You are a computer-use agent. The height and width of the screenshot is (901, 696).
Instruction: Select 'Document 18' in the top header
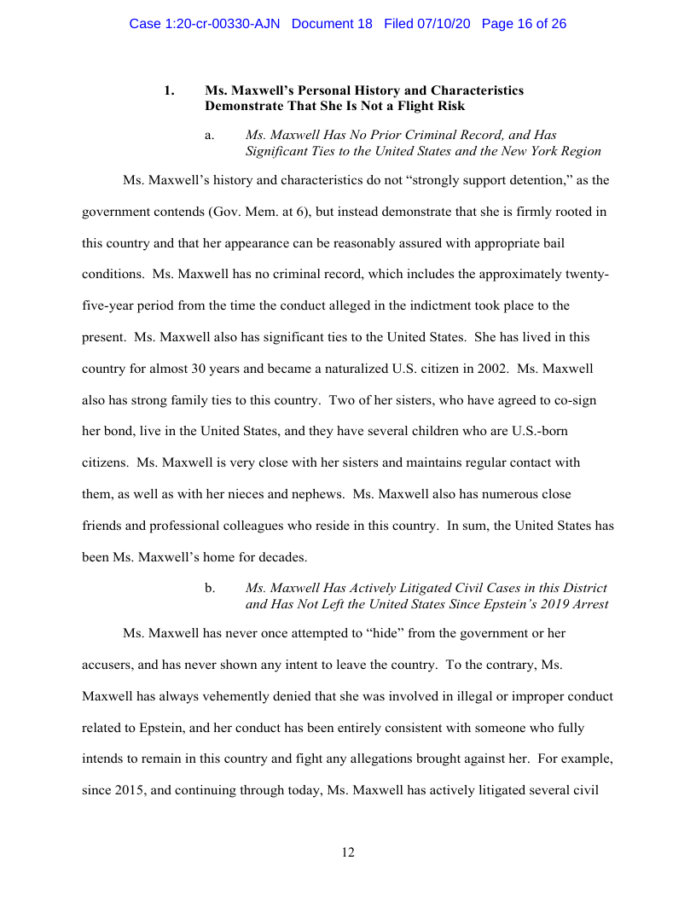point(332,24)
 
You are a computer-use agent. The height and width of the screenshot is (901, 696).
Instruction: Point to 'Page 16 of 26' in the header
point(524,24)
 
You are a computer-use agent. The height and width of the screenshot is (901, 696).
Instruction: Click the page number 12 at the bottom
point(347,852)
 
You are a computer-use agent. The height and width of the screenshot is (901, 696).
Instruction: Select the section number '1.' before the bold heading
point(170,90)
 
